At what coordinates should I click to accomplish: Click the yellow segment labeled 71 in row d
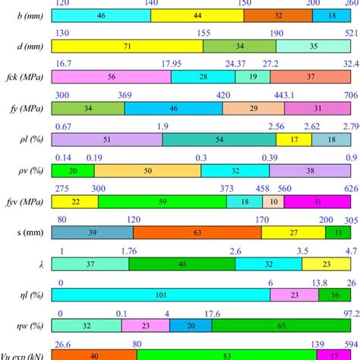(128, 46)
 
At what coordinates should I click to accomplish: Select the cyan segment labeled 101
(161, 295)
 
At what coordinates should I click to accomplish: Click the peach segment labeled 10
(273, 201)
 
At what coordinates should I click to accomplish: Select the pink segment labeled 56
(111, 77)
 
